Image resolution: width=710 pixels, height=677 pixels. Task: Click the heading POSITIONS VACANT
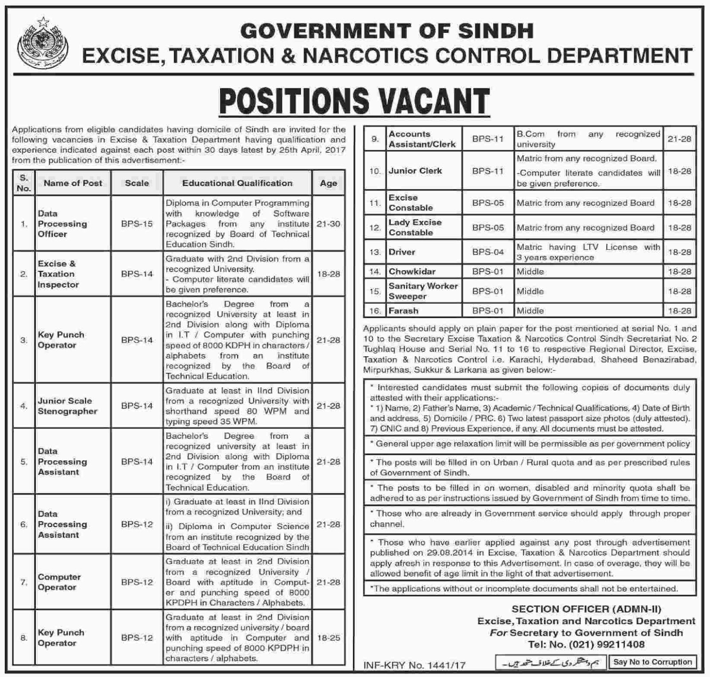coord(355,102)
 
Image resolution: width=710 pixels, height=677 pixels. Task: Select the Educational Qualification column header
coord(237,183)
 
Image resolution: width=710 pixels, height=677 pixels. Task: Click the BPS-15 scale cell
coord(137,224)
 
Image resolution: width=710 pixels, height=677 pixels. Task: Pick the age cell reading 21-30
coord(328,224)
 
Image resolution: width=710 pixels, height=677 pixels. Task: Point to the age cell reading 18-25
coord(328,638)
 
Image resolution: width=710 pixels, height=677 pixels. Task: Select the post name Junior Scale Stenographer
coord(67,405)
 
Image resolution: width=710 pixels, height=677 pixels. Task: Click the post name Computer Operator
coord(59,582)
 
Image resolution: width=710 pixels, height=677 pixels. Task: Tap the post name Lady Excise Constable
coord(415,227)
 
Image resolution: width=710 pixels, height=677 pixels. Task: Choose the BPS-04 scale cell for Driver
coord(488,252)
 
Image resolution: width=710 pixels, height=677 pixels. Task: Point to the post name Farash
coord(403,311)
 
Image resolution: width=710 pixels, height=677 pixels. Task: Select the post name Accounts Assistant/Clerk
coord(422,139)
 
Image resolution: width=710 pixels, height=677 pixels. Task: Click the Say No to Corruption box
coord(652,662)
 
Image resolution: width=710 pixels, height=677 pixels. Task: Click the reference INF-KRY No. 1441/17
coord(414,665)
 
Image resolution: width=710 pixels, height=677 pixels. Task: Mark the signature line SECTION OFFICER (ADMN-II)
coord(586,609)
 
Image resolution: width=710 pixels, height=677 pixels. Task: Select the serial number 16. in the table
coord(375,311)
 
